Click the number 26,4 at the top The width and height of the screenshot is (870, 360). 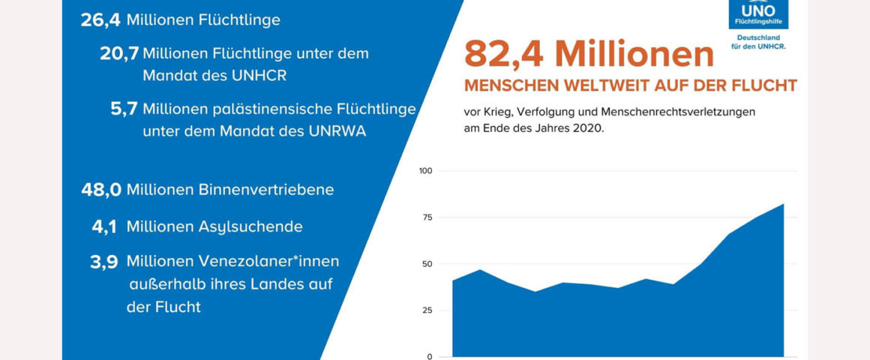pyautogui.click(x=100, y=20)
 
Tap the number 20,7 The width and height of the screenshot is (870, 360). pyautogui.click(x=119, y=54)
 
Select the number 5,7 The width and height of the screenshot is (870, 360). pyautogui.click(x=124, y=109)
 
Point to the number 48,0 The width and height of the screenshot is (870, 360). pyautogui.click(x=101, y=190)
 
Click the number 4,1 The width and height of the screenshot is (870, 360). pyautogui.click(x=104, y=226)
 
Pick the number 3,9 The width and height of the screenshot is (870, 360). pyautogui.click(x=104, y=262)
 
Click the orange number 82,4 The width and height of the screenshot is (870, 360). pyautogui.click(x=505, y=55)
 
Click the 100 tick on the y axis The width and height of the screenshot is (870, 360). pyautogui.click(x=426, y=171)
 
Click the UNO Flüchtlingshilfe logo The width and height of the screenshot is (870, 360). pyautogui.click(x=758, y=22)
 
